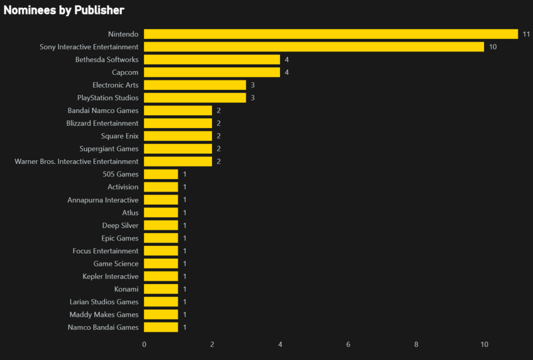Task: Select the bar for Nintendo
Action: [x=331, y=34]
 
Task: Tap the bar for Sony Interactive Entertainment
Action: [x=314, y=47]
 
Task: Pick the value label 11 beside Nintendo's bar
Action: [x=526, y=34]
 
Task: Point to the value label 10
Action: [x=493, y=47]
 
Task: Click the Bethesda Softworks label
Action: [x=107, y=60]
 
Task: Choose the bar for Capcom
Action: [x=212, y=72]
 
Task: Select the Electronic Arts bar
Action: [x=195, y=85]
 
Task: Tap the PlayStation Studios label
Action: [x=108, y=98]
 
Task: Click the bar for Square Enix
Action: [x=178, y=136]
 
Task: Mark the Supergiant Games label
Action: [x=109, y=149]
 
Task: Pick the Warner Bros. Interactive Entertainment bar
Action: [x=178, y=161]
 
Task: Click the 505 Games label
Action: [x=121, y=174]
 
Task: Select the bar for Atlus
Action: [x=161, y=212]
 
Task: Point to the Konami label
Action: [x=126, y=289]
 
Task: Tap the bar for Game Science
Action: [x=161, y=263]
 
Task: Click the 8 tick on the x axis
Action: [x=416, y=344]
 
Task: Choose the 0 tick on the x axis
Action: [x=144, y=344]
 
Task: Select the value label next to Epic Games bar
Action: [x=185, y=238]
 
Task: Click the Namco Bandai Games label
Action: [x=103, y=327]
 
